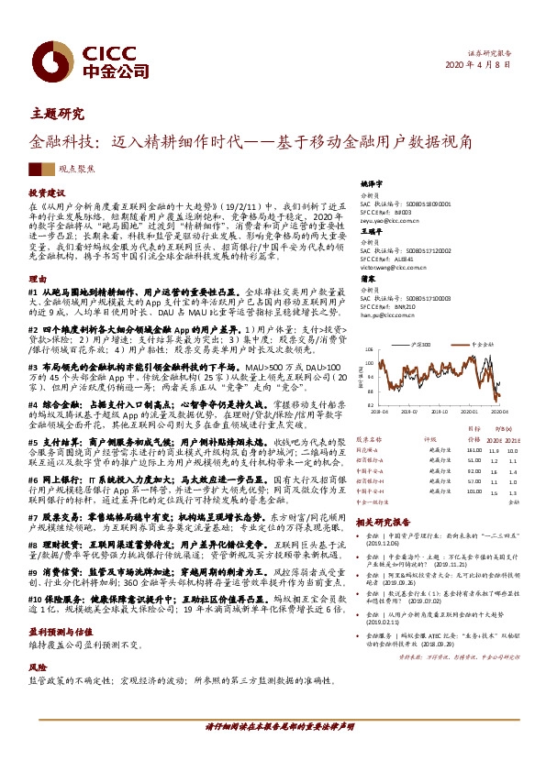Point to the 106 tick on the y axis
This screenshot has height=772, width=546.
pyautogui.click(x=369, y=350)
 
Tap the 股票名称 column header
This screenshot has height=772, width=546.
pyautogui.click(x=368, y=439)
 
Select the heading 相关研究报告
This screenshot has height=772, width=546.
pyautogui.click(x=378, y=521)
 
